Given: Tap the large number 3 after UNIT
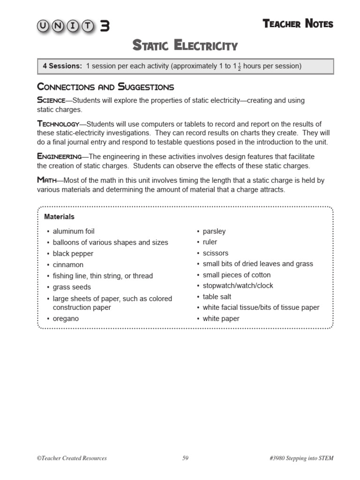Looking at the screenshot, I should pyautogui.click(x=105, y=26).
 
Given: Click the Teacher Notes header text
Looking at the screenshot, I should pyautogui.click(x=298, y=24).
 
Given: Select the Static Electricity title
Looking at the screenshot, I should pyautogui.click(x=185, y=46).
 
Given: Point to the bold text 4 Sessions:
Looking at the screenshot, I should pyautogui.click(x=62, y=66).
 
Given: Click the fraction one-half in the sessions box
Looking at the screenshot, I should pyautogui.click(x=239, y=67).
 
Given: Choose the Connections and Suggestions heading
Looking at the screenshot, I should pyautogui.click(x=105, y=87).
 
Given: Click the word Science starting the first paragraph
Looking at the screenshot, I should pyautogui.click(x=51, y=100).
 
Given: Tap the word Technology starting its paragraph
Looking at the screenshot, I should pyautogui.click(x=58, y=124).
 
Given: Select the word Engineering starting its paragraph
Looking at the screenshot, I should pyautogui.click(x=59, y=157).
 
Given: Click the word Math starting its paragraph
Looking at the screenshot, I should pyautogui.click(x=47, y=180).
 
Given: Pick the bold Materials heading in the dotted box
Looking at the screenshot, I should pyautogui.click(x=59, y=217).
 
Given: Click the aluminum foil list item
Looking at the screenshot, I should pyautogui.click(x=74, y=232).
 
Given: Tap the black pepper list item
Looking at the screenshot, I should pyautogui.click(x=73, y=254).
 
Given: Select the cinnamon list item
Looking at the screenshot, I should pyautogui.click(x=68, y=265).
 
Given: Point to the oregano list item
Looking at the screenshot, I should pyautogui.click(x=66, y=319).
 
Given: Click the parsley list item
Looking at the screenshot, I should pyautogui.click(x=214, y=232).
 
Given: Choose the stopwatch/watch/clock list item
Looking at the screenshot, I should pyautogui.click(x=238, y=286).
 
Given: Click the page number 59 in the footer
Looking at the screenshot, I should pyautogui.click(x=185, y=458).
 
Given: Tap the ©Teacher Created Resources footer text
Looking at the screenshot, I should pyautogui.click(x=72, y=458).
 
